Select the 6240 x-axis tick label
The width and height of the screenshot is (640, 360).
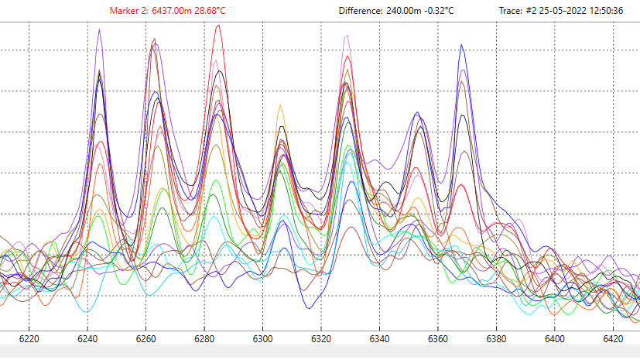tap(87, 338)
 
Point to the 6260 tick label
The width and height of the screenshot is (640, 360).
tap(146, 338)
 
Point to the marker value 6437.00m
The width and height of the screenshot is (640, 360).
tap(172, 11)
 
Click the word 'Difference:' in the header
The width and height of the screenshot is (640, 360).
tap(361, 11)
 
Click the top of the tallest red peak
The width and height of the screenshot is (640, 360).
tap(220, 25)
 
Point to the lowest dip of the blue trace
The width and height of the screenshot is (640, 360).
tap(310, 308)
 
